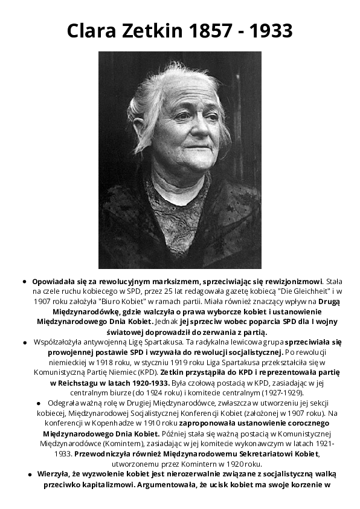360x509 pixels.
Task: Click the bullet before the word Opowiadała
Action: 24,282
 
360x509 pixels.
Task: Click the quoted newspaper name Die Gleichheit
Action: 282,291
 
